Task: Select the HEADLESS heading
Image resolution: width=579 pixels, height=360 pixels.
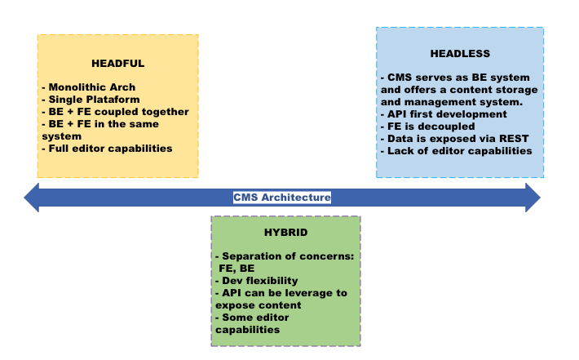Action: coord(460,54)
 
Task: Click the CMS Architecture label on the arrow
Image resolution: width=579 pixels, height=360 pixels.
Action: coord(282,198)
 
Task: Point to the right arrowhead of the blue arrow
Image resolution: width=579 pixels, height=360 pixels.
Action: coord(532,198)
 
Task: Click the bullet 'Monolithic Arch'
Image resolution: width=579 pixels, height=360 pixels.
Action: coord(91,87)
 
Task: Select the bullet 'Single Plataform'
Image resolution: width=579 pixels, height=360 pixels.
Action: coord(94,100)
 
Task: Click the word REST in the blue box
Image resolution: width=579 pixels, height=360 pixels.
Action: coord(517,139)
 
